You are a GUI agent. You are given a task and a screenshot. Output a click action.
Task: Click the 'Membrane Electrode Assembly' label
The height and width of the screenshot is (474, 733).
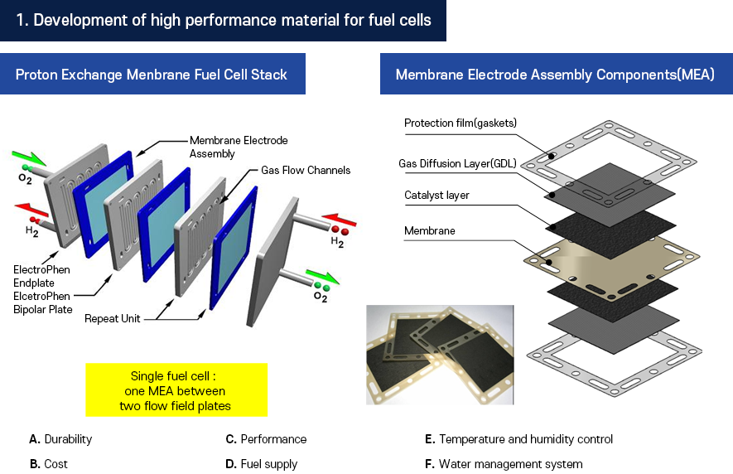coord(239,147)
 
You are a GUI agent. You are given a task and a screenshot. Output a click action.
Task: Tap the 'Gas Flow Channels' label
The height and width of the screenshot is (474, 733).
coord(306,171)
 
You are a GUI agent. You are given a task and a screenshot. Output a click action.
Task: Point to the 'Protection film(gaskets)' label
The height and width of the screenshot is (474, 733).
coord(460,123)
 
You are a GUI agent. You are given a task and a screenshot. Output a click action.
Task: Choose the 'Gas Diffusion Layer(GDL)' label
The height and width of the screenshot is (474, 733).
coord(457,163)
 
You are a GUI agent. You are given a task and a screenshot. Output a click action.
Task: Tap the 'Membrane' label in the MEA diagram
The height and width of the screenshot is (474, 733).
coord(429,230)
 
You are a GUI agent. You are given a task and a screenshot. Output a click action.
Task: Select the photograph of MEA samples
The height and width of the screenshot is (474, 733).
coord(440,354)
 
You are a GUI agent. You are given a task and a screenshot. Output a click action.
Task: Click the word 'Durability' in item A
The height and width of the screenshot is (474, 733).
coord(68,439)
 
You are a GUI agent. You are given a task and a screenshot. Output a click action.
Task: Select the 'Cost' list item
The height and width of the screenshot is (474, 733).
coord(55,464)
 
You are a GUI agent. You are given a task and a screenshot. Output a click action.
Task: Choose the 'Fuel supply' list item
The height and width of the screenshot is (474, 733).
coord(268,464)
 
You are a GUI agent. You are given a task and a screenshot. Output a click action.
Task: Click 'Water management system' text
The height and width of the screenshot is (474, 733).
coord(510,464)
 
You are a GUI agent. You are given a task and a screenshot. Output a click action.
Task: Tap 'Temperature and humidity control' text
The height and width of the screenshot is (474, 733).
coord(526,439)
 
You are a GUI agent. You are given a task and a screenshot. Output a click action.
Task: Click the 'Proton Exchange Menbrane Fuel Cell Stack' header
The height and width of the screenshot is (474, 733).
coord(152,75)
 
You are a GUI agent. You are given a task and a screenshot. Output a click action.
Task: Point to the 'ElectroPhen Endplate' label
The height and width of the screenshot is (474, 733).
coord(41,275)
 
